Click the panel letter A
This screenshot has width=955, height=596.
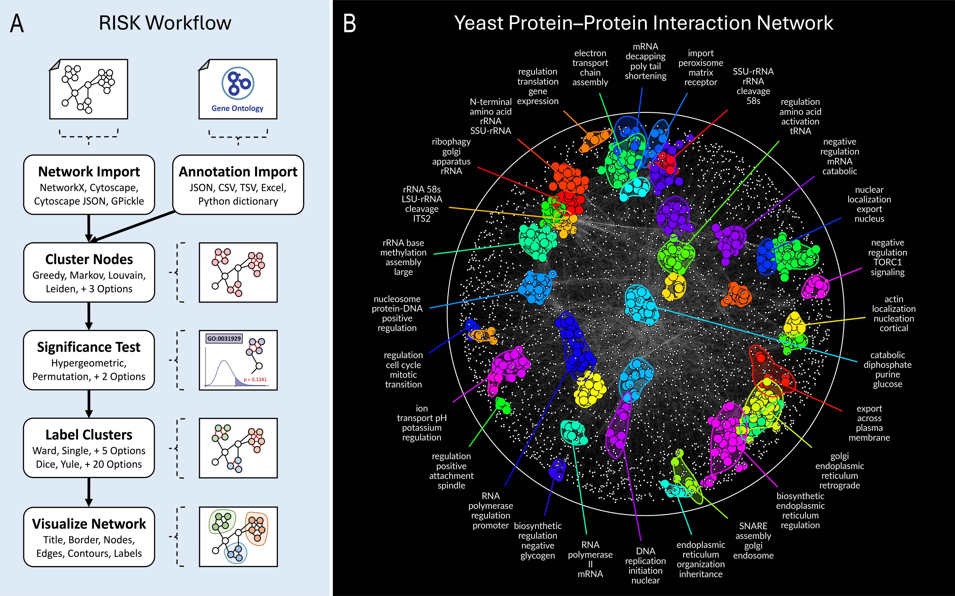coord(17,24)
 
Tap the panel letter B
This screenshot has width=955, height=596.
coord(350,24)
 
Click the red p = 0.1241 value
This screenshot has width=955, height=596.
coord(255,380)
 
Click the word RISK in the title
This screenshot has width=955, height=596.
coord(120,23)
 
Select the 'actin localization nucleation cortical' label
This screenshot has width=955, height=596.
coord(893,314)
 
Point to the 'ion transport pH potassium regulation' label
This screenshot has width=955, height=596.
coord(422,423)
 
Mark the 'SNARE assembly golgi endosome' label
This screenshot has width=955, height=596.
coord(753,540)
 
